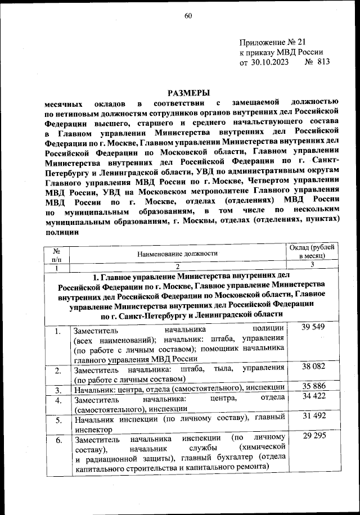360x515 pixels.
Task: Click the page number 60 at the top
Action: [x=188, y=16]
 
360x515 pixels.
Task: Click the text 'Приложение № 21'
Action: [x=272, y=43]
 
